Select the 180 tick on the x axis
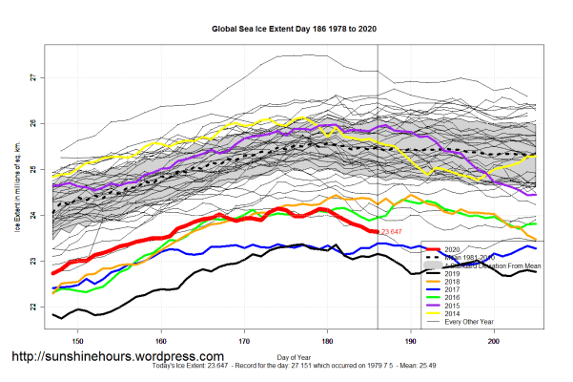[x=328, y=339]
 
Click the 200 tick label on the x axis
[x=494, y=339]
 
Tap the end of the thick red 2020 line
[x=377, y=231]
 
